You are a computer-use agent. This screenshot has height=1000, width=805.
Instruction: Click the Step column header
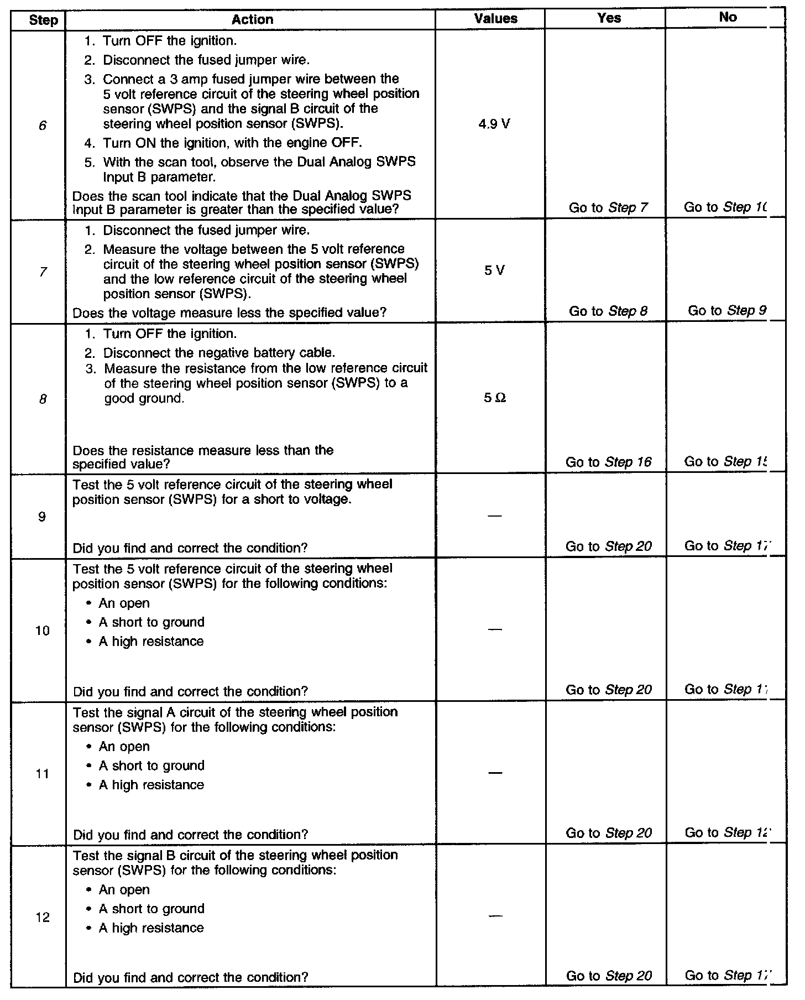click(43, 20)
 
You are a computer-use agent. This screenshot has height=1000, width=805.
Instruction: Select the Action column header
click(252, 20)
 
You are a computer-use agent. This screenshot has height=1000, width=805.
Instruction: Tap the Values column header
click(495, 19)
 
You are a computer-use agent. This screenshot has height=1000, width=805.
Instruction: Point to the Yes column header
click(609, 18)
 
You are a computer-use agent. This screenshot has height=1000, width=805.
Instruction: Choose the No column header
click(728, 17)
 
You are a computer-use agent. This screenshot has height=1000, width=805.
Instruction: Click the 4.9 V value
click(494, 124)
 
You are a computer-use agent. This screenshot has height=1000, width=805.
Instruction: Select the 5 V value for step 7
click(494, 271)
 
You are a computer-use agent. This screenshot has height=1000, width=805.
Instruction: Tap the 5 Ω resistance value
click(494, 398)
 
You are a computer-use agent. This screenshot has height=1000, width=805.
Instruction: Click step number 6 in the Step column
click(43, 126)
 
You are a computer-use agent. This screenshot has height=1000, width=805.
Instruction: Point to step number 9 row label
click(43, 517)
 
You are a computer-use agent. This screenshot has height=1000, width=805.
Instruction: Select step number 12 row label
click(43, 918)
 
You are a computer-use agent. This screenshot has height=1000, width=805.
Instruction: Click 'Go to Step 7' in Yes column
click(609, 208)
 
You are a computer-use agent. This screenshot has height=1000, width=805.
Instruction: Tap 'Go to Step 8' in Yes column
click(609, 311)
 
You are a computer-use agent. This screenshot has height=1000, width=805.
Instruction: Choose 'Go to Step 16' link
click(609, 462)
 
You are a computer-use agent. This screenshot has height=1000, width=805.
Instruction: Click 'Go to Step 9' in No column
click(727, 311)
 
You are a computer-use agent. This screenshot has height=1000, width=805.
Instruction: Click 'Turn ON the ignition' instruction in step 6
click(232, 143)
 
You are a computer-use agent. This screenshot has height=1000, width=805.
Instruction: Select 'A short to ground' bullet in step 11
click(151, 765)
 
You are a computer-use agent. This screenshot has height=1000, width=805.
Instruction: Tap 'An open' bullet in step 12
click(124, 890)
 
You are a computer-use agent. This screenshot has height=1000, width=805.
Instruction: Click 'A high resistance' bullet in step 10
click(151, 641)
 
